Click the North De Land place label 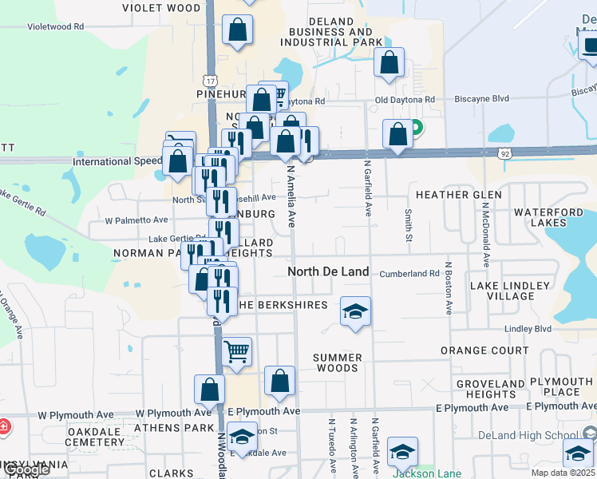point(328,271)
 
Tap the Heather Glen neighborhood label point(458,195)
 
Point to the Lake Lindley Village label point(502,291)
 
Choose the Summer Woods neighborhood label point(337,362)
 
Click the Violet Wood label point(161,8)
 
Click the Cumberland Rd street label point(409,273)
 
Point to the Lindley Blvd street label point(528,329)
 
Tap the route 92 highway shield point(504,152)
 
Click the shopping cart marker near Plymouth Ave point(237,351)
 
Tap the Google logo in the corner point(26,470)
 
